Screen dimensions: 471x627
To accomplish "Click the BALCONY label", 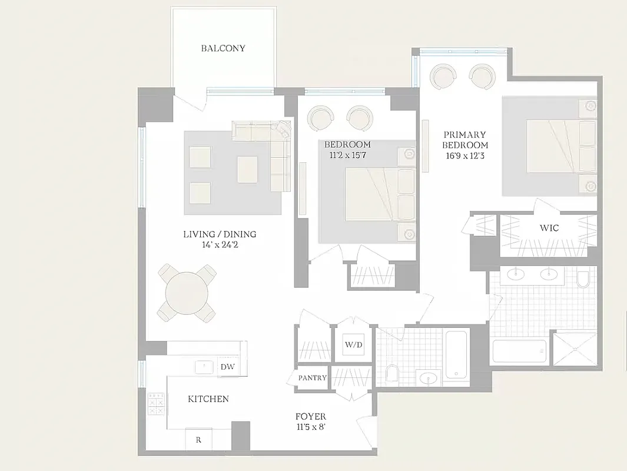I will point(223,48).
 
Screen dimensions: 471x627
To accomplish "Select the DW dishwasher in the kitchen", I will point(228,367).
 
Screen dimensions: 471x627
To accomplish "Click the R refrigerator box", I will point(198,439).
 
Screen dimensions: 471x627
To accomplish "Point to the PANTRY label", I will point(312,377).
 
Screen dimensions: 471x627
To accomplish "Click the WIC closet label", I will point(549,227).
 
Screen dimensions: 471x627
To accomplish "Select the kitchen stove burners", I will point(156,404).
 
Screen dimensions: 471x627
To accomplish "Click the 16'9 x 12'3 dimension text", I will point(465,156).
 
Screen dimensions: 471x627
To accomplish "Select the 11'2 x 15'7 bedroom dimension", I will point(347,155).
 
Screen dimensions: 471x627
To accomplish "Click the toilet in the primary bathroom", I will point(583,278).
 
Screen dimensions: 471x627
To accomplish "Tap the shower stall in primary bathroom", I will point(574,349).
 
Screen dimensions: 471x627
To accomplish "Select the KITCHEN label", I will point(208,399).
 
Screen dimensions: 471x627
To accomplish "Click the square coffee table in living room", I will point(247,169).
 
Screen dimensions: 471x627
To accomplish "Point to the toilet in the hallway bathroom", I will point(392,373).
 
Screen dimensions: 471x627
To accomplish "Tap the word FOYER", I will point(311,417).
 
